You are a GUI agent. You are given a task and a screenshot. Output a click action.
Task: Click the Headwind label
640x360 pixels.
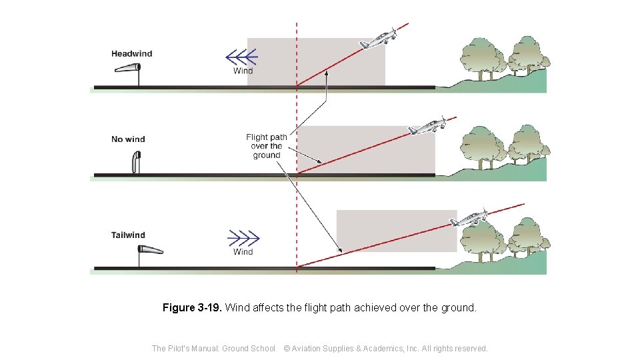(131, 54)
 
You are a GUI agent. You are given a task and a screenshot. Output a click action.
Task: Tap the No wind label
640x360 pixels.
(128, 139)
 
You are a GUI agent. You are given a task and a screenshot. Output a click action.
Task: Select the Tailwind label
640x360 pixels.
(128, 235)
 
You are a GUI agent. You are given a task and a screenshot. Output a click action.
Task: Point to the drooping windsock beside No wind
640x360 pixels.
(136, 162)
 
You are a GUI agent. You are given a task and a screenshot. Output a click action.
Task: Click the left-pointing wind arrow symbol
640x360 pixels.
(241, 57)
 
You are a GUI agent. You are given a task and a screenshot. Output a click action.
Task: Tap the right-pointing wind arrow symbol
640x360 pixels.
(243, 237)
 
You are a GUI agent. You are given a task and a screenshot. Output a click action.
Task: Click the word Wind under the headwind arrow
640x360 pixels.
(243, 71)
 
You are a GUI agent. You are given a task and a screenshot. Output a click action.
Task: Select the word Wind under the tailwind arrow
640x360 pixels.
(243, 252)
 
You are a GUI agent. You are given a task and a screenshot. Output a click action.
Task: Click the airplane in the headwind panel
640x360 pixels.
(379, 38)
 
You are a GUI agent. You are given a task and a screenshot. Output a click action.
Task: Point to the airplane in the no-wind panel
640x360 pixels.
(427, 125)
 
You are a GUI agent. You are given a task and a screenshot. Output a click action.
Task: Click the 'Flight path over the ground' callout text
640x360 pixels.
(267, 146)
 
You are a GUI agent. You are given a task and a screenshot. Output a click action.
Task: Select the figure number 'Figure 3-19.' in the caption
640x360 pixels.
(192, 308)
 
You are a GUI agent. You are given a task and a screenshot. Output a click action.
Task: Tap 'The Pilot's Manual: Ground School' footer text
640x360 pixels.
(213, 348)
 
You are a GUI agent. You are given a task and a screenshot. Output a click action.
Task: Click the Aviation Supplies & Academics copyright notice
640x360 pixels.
(386, 348)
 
